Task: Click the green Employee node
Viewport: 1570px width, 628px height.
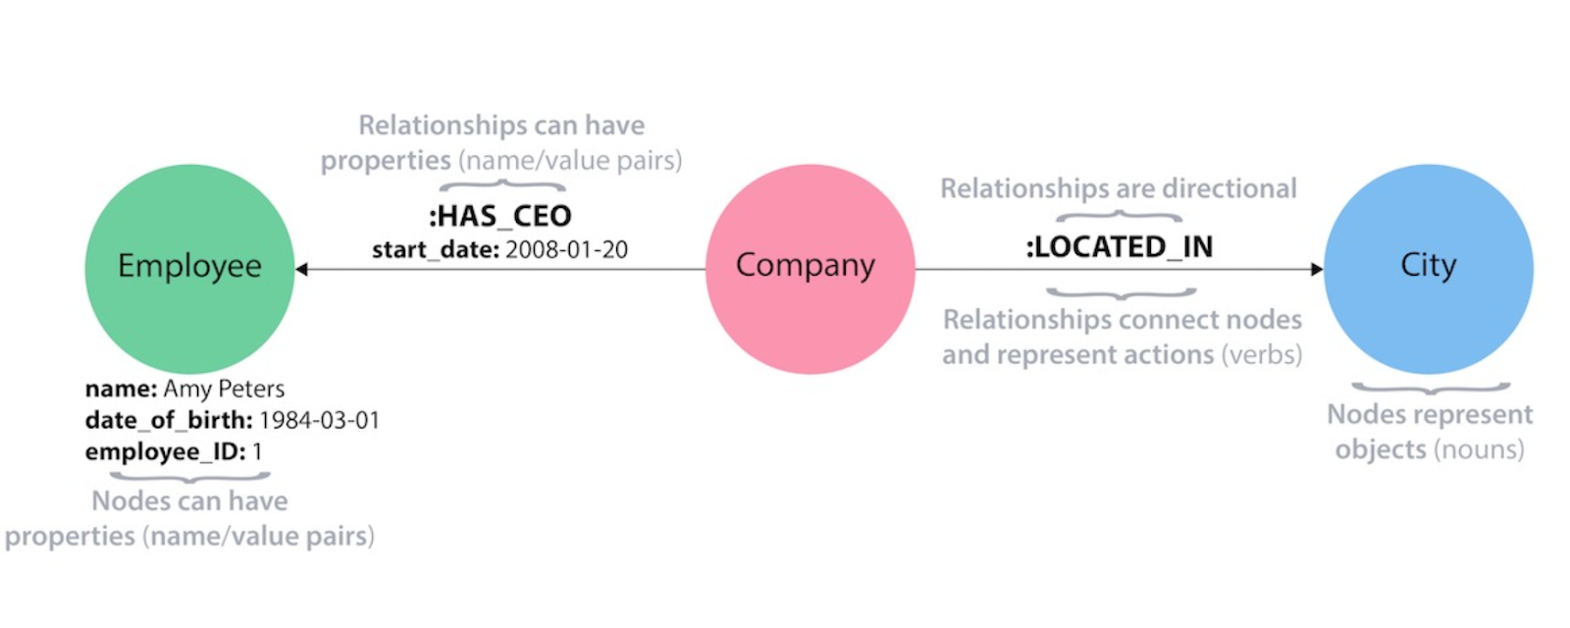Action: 189,267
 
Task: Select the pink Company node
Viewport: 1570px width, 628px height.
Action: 810,268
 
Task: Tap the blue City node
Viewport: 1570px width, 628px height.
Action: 1428,268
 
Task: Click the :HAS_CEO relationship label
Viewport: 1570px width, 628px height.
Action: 500,216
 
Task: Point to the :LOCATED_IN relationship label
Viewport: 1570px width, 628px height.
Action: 1120,246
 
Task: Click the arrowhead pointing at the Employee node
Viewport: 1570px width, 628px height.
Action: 302,269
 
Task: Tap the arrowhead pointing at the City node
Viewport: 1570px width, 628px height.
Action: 1317,269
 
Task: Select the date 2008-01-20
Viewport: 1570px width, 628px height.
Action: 566,250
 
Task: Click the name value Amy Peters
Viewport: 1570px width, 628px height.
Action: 224,389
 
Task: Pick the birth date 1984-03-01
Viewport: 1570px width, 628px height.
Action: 319,420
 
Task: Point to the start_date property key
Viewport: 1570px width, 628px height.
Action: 436,250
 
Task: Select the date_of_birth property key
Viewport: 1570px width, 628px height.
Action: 169,420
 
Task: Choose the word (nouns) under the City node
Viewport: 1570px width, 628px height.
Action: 1479,449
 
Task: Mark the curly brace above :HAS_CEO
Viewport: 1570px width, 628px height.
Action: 501,184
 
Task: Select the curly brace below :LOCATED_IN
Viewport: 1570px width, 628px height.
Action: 1121,293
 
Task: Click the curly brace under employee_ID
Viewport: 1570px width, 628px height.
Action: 189,478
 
